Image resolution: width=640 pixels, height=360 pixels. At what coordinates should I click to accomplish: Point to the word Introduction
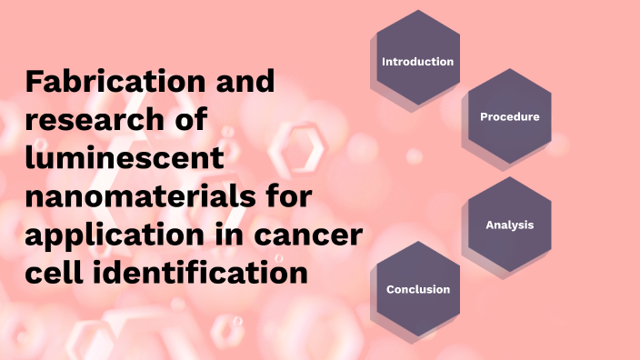point(417,62)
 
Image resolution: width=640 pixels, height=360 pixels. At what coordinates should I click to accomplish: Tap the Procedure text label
point(509,116)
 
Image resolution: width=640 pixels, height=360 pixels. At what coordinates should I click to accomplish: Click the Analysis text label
point(509,225)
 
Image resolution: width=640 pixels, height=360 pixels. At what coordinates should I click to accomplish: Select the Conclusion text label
point(418,289)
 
